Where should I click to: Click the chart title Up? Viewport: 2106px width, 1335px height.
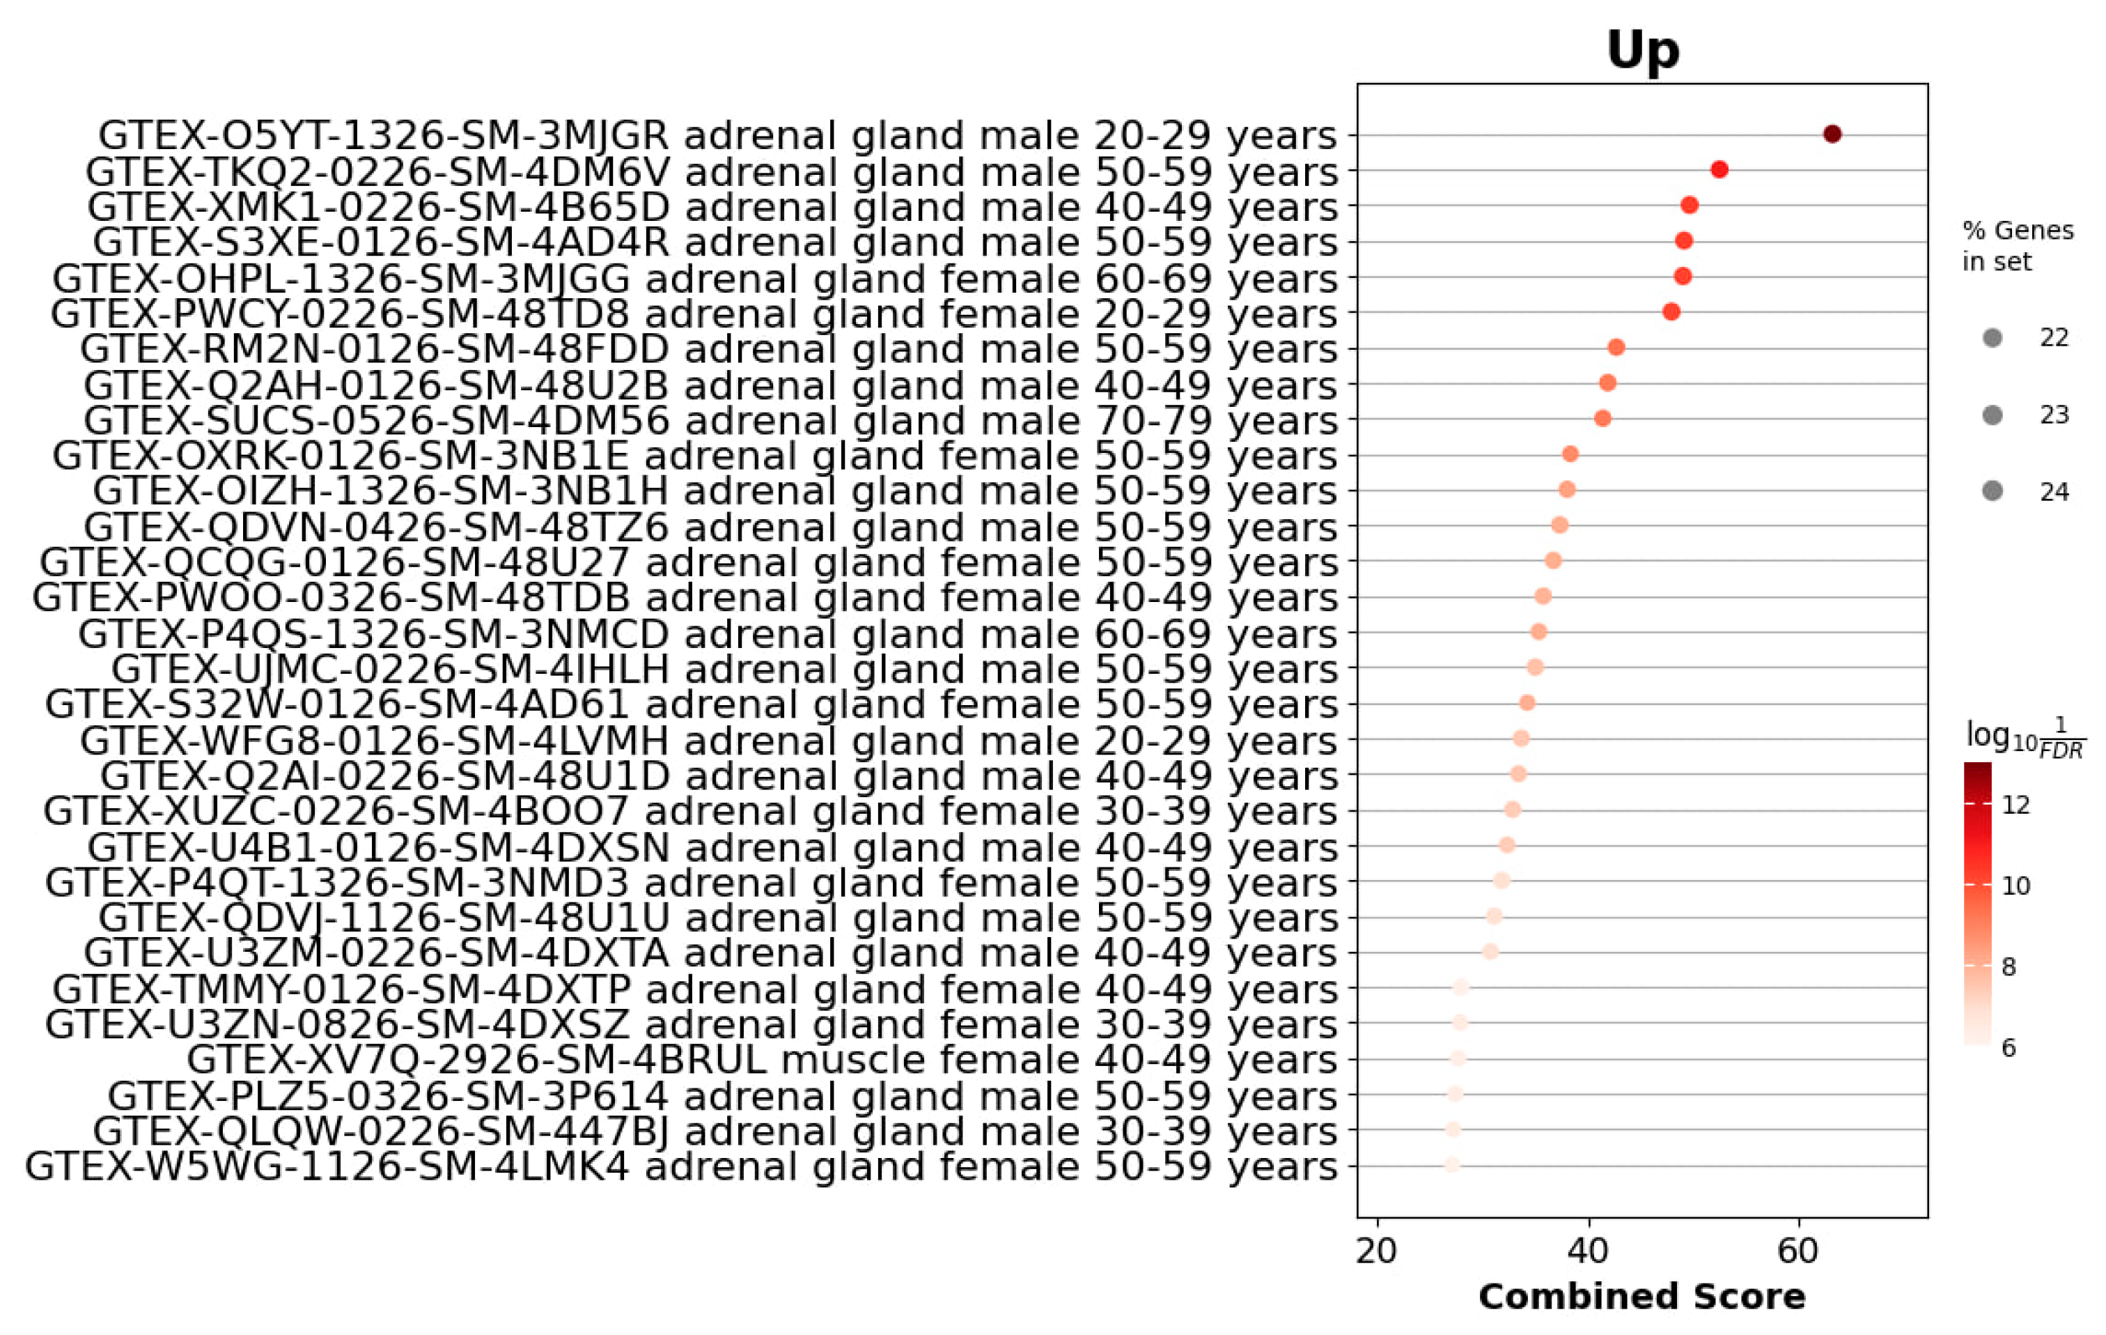[x=1641, y=50]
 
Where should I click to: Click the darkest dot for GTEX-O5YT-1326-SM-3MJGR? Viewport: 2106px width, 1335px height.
[x=1832, y=134]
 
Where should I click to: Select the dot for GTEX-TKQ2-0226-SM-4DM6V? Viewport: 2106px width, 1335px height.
[x=1719, y=170]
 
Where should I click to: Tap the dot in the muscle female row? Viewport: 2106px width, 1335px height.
[x=1457, y=1058]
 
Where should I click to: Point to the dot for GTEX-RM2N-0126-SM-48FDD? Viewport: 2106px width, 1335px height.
[x=1616, y=347]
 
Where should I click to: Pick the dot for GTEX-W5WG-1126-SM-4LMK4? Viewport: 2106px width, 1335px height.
[x=1453, y=1164]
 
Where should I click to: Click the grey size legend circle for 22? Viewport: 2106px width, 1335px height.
[x=1993, y=338]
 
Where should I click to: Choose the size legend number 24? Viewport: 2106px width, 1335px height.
[x=2054, y=492]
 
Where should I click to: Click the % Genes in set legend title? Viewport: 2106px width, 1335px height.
[x=2017, y=246]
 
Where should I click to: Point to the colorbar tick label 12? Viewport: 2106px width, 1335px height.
[x=2016, y=805]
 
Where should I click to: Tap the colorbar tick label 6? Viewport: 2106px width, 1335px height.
[x=2009, y=1047]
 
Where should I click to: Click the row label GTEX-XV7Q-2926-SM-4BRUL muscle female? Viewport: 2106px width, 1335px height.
[x=761, y=1059]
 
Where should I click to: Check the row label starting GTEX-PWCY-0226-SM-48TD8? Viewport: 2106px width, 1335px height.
[x=694, y=313]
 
